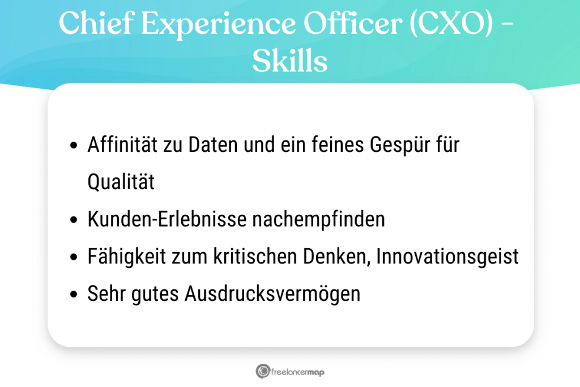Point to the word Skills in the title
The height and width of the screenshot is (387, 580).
[289, 62]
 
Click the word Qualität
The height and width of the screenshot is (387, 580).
[121, 182]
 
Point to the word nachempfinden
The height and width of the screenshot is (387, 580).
[315, 219]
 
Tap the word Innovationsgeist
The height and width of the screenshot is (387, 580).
[447, 257]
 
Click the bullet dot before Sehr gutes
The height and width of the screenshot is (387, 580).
[74, 295]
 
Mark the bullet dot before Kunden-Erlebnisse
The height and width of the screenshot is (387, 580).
[74, 220]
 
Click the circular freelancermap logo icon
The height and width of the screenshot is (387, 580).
[262, 372]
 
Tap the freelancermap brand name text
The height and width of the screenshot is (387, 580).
[298, 372]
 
